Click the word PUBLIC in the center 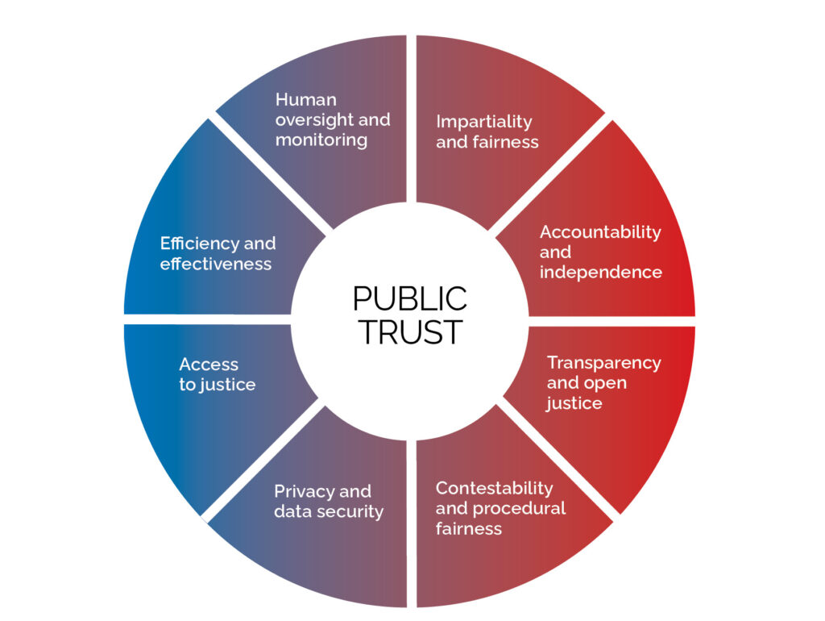[409, 299]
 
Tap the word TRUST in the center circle [409, 331]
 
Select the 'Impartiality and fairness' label [487, 131]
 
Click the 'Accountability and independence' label [600, 252]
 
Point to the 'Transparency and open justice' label [603, 382]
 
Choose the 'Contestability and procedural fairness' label [500, 508]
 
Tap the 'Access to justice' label [217, 375]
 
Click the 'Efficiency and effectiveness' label [218, 253]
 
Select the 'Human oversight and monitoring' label [332, 119]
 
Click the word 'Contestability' [494, 488]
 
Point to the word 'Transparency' [603, 362]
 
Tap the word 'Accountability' [600, 232]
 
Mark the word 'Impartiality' [483, 122]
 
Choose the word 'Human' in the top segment [305, 99]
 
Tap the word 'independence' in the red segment [600, 272]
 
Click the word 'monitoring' [321, 140]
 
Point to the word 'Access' [209, 365]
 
